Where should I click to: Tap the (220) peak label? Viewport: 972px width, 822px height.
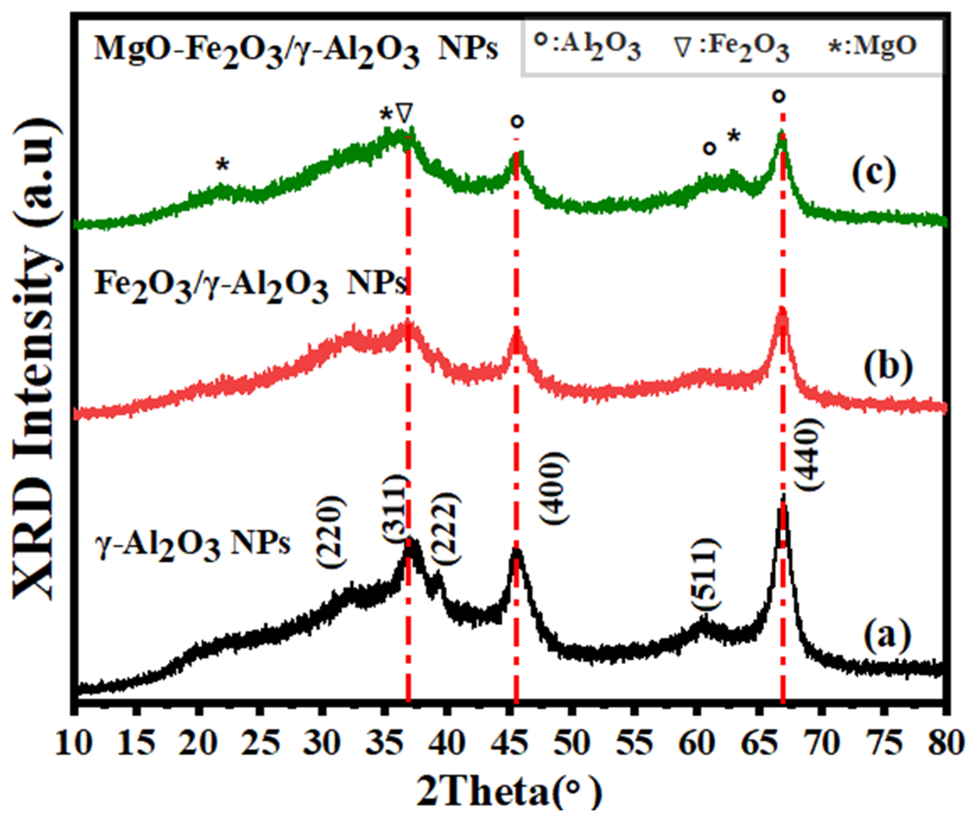tap(333, 532)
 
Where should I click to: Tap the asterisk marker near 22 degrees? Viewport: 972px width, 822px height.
tap(223, 164)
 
